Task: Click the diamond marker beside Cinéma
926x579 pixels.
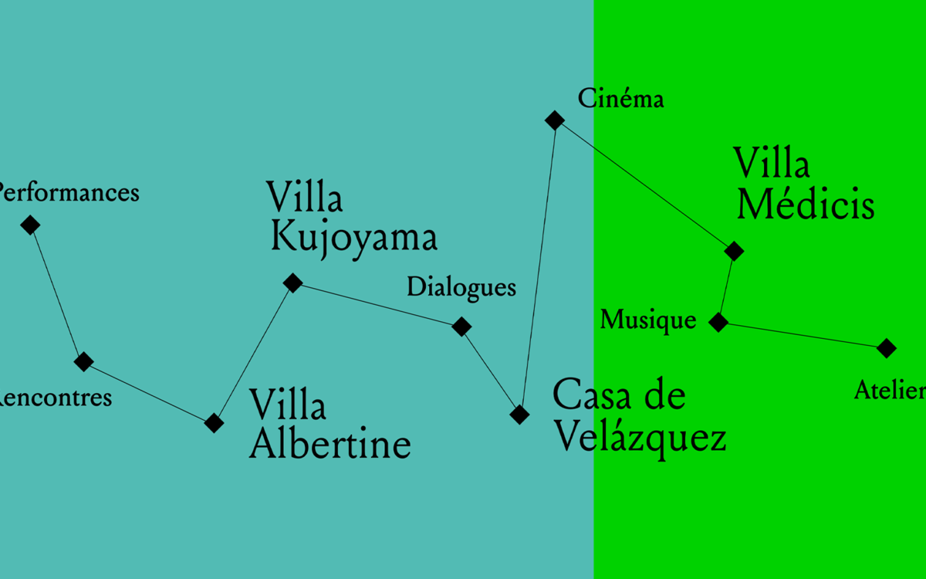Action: (x=555, y=120)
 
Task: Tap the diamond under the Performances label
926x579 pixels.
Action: (x=30, y=225)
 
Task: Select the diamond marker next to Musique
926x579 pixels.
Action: (x=718, y=322)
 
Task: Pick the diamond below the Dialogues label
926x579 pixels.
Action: (x=461, y=327)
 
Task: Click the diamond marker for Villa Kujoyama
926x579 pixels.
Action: (x=292, y=283)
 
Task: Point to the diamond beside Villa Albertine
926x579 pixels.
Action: (x=214, y=422)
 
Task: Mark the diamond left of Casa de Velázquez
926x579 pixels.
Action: (x=520, y=415)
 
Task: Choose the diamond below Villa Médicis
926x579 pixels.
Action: (x=734, y=251)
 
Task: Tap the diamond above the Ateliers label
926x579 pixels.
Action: (x=887, y=348)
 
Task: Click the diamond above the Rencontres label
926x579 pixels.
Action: (x=83, y=361)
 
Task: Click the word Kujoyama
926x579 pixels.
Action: (x=354, y=238)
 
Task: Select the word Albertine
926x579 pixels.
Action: (x=330, y=445)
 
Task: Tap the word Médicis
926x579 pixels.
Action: (x=806, y=205)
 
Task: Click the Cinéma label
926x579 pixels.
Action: (x=621, y=99)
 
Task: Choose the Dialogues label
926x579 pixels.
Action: (x=461, y=287)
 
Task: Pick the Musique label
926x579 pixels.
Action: (x=648, y=320)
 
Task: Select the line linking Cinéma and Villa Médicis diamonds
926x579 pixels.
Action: (x=644, y=185)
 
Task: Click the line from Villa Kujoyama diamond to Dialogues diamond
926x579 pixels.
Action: (x=377, y=305)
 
